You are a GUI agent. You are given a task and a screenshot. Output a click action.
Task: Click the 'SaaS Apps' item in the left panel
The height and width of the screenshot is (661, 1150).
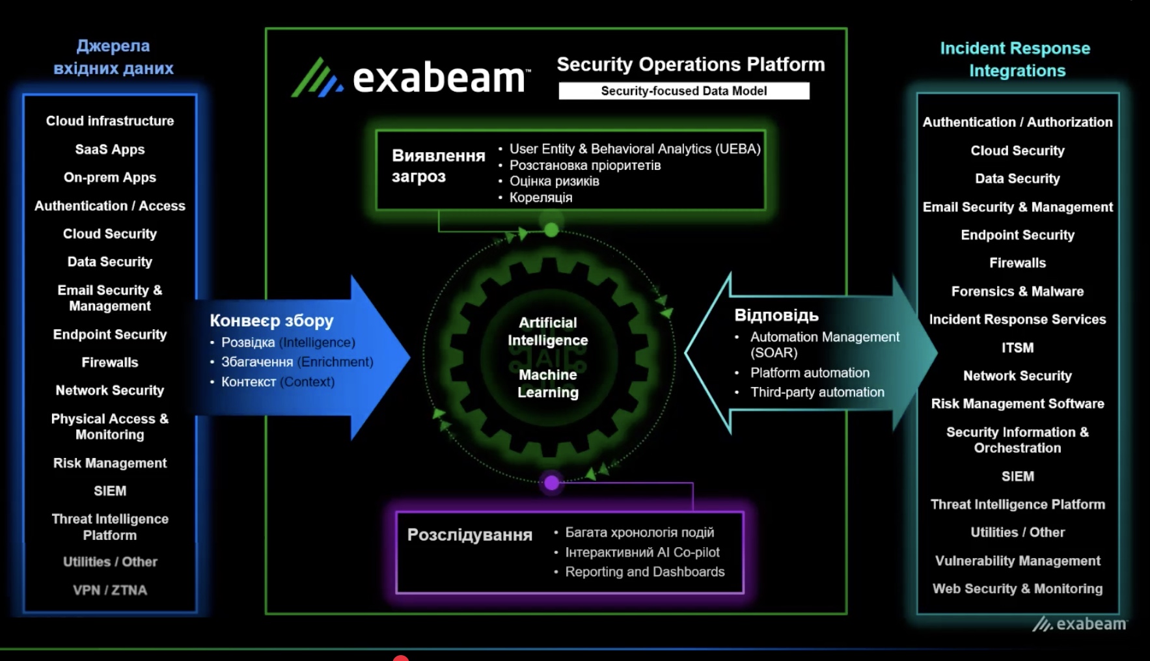[110, 150]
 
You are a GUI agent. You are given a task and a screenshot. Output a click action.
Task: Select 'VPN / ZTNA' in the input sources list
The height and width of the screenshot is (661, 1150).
[110, 590]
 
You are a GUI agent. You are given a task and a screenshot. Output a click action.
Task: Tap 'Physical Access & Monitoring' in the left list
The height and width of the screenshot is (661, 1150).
[110, 427]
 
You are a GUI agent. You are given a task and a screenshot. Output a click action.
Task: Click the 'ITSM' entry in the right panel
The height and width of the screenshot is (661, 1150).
[1017, 348]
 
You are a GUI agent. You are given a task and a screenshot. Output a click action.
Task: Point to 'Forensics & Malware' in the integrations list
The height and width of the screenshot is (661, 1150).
[1017, 291]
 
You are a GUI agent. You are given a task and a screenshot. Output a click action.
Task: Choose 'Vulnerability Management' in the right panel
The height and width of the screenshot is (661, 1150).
[1017, 561]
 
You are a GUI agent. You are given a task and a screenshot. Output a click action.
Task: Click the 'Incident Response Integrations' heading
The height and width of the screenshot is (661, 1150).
[1015, 59]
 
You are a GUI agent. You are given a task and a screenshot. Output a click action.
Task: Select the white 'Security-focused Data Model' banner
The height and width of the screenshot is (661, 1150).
[683, 91]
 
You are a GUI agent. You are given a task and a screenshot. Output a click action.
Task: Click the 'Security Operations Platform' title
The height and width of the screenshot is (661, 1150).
[691, 64]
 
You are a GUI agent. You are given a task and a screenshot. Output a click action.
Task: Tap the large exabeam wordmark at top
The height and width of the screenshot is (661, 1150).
[439, 79]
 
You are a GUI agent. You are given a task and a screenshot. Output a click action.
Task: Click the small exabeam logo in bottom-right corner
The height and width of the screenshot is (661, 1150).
[1080, 624]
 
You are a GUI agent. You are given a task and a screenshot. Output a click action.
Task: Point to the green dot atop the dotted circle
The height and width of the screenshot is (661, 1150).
[551, 230]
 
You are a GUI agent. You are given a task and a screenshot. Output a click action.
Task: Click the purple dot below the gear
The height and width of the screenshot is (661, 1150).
[551, 483]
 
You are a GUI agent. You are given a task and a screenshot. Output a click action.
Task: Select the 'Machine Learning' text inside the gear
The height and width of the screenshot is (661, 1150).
[548, 384]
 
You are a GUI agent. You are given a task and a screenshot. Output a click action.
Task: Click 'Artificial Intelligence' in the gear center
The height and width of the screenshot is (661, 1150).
[548, 331]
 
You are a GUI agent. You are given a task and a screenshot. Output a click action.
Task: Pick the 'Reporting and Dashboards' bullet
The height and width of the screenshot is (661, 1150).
[644, 572]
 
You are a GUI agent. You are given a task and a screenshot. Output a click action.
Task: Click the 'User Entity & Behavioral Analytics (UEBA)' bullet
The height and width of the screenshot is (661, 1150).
[635, 149]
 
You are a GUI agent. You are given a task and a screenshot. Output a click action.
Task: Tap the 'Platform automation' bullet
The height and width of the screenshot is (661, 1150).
[810, 373]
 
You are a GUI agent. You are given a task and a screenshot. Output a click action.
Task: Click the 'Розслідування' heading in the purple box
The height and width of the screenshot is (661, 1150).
[470, 535]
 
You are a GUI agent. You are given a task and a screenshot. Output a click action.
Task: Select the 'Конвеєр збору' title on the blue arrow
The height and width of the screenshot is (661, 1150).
[271, 321]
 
